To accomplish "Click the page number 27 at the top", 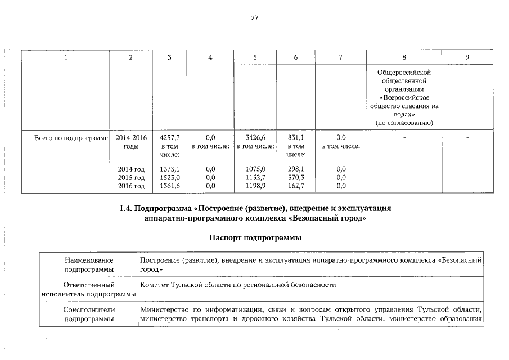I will pos(254,19).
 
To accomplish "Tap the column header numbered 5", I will pos(255,57).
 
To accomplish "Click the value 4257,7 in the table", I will pos(169,137).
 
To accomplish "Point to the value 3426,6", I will pos(255,137).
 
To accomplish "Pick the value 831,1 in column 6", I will pos(296,137).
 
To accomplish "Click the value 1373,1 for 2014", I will pos(169,169).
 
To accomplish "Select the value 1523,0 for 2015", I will pos(169,177).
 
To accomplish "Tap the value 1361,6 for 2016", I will pos(169,186).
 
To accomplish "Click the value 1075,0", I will pos(255,169).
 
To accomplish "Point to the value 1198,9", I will pos(255,186).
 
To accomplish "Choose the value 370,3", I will pos(296,177).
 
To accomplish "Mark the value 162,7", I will pos(296,186).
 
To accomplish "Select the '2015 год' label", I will pos(131,177).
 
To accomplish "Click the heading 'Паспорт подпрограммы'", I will pos(255,238).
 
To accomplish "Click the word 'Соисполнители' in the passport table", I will pos(89,310).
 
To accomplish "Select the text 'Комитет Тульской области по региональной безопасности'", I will pos(238,285).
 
